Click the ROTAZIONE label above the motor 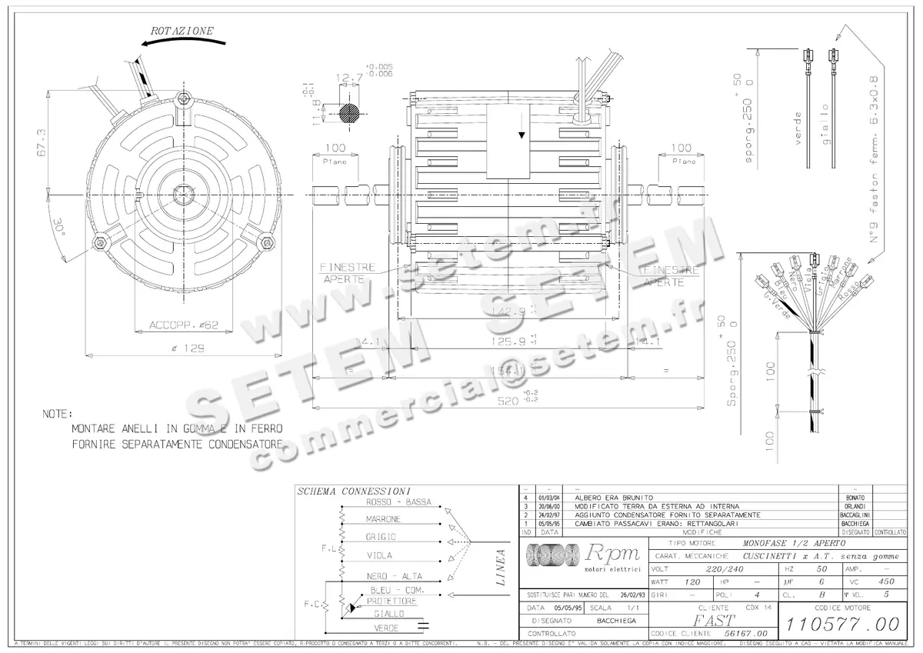point(182,32)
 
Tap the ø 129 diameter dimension point(183,348)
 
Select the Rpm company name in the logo point(613,552)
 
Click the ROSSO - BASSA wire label point(398,502)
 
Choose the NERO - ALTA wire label point(394,576)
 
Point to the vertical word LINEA point(501,568)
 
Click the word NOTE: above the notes point(58,414)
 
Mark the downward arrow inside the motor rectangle point(521,135)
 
